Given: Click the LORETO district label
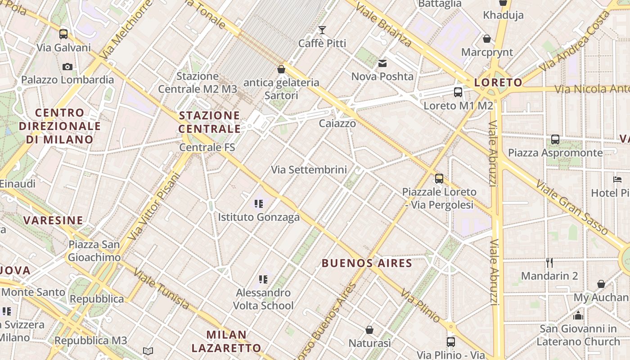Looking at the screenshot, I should (498, 82).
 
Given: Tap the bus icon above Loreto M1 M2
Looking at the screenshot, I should (458, 92).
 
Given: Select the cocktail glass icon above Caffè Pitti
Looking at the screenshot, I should (322, 30).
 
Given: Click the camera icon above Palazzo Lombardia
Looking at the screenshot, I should (67, 67).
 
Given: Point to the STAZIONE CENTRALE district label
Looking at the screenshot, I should (210, 122).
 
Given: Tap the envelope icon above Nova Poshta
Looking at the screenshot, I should (382, 63).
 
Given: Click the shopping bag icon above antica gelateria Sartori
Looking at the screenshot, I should (281, 69).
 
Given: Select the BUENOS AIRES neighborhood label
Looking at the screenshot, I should (367, 263).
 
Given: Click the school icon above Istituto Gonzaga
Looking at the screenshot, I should (258, 204).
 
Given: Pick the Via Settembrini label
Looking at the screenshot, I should (309, 170).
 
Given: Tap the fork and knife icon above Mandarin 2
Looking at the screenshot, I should (549, 262).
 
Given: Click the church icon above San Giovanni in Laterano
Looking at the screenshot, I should (578, 315).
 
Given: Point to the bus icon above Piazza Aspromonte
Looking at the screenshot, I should (555, 139).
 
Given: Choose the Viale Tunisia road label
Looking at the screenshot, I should (162, 289).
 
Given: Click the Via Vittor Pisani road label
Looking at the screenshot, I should (153, 207).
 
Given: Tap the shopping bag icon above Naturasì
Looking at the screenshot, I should (369, 330).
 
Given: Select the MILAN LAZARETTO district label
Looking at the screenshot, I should (226, 341).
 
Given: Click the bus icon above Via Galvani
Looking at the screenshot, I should (63, 34).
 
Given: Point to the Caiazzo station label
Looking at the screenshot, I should (337, 123).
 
